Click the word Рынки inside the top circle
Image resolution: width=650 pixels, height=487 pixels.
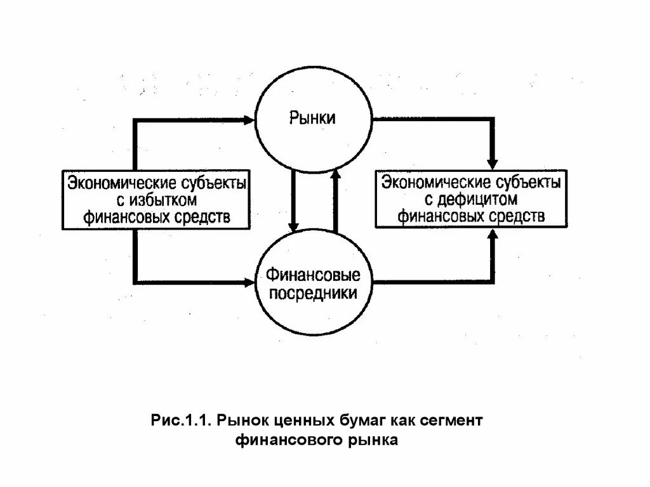312,118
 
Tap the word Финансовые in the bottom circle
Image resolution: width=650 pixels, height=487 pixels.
312,276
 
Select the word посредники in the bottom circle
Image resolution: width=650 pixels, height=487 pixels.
312,294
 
